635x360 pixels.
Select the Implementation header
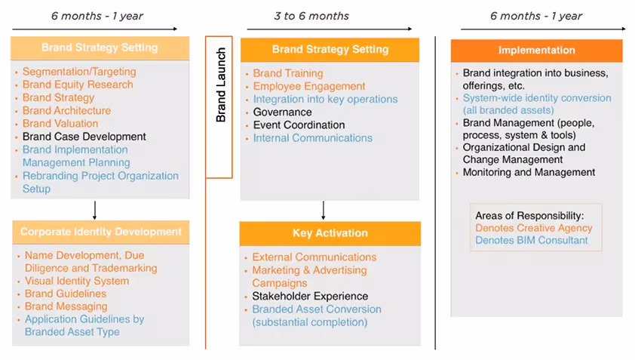point(536,51)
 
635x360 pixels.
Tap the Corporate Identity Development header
point(101,232)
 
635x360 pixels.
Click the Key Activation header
point(330,233)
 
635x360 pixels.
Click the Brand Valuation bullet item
point(60,123)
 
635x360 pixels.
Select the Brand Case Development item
point(84,137)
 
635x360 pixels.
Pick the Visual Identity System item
point(77,281)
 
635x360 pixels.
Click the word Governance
point(282,112)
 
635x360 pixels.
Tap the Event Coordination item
point(299,125)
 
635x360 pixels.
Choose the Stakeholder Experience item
point(310,296)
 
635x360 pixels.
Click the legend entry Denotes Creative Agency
point(533,228)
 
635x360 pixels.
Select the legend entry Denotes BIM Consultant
point(531,241)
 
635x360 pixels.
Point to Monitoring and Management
point(529,172)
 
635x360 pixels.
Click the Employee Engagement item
point(309,86)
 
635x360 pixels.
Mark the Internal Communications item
point(312,138)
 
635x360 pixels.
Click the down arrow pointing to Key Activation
point(323,210)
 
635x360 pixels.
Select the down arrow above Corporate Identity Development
point(95,209)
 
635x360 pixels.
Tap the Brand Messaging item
point(66,306)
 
